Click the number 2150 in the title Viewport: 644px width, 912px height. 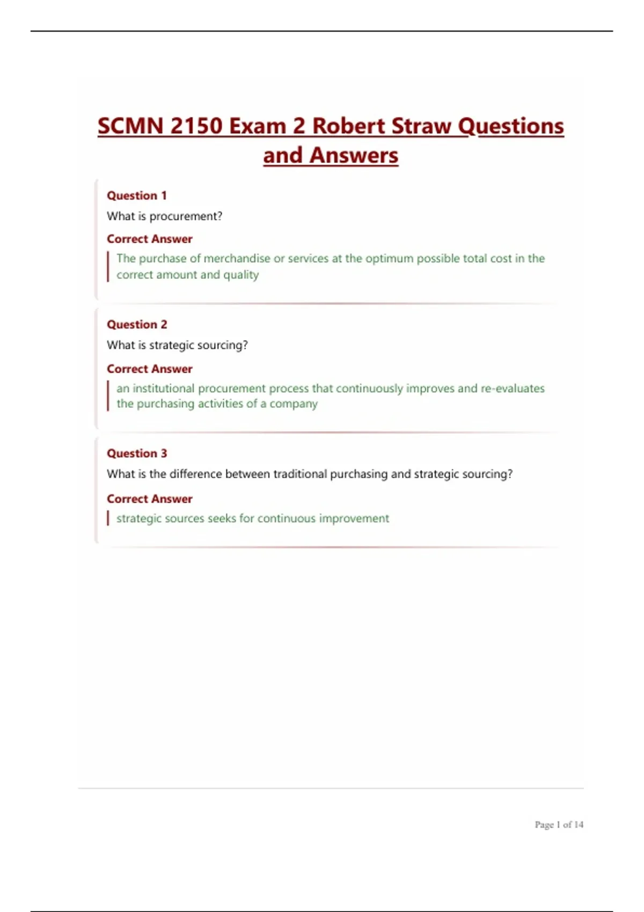tap(196, 127)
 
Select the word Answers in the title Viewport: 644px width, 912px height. tap(354, 156)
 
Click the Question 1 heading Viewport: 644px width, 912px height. tap(137, 195)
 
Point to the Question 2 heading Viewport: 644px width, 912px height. tap(137, 325)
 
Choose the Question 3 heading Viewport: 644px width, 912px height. tap(137, 453)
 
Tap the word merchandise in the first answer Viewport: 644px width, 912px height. tap(237, 259)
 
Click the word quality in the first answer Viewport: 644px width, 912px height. tap(241, 275)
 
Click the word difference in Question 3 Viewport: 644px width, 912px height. tap(195, 474)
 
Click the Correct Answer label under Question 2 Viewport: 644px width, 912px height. tap(149, 369)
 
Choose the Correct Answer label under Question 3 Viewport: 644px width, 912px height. tap(149, 499)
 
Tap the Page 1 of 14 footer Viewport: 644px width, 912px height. tap(559, 825)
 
